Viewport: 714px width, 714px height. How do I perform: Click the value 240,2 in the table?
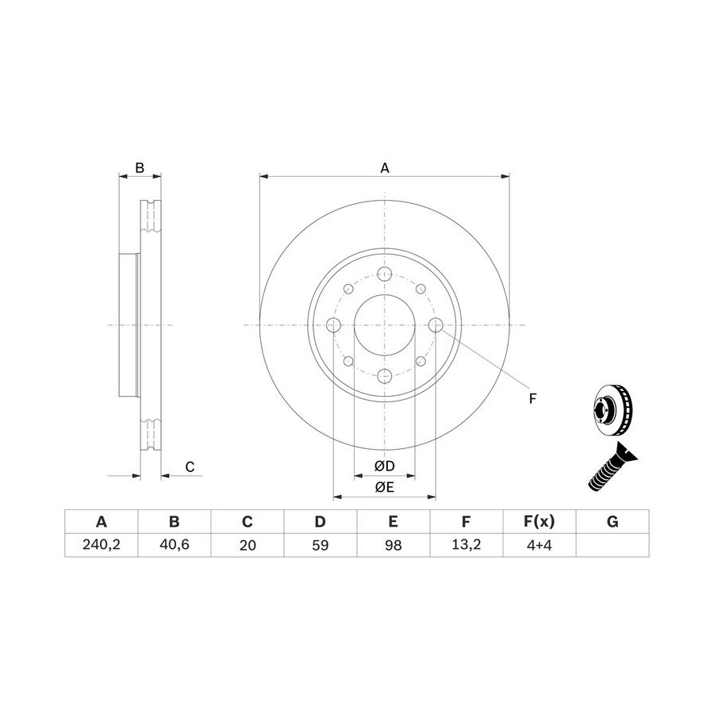[x=101, y=544]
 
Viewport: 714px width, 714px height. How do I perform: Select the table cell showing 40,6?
[x=175, y=544]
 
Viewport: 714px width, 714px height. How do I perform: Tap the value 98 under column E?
[x=393, y=544]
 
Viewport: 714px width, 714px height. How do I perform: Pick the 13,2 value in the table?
[x=466, y=544]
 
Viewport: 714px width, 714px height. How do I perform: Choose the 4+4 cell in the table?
[x=539, y=544]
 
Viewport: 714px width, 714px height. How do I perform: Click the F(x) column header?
[x=539, y=521]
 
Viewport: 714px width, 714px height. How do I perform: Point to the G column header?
[x=612, y=521]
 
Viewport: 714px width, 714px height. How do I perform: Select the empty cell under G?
[x=612, y=544]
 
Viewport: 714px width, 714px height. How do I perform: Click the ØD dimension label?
[x=384, y=466]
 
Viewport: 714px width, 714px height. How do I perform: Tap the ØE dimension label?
[x=384, y=487]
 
